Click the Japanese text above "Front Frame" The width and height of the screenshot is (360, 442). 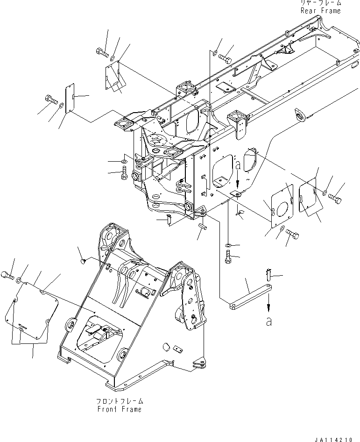[119, 401]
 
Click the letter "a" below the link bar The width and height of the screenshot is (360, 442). [268, 322]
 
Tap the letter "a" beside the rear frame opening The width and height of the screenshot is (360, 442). [238, 165]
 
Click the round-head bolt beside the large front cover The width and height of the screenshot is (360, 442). [7, 276]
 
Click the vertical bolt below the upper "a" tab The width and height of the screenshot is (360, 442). [228, 257]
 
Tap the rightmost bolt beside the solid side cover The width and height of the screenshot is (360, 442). [335, 199]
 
